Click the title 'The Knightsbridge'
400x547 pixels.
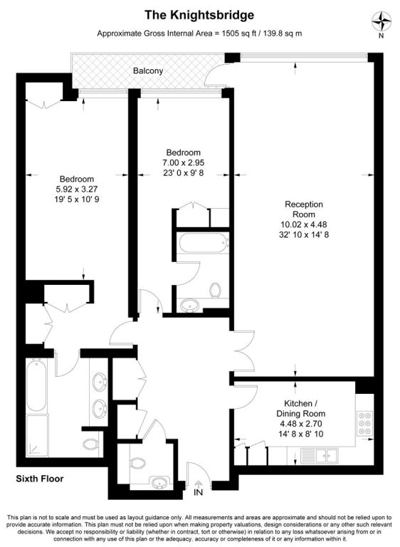pyautogui.click(x=199, y=15)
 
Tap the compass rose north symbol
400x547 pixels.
pyautogui.click(x=381, y=21)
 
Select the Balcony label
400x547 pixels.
pyautogui.click(x=148, y=71)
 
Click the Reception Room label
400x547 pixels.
pyautogui.click(x=304, y=209)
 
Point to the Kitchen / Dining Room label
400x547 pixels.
pyautogui.click(x=300, y=409)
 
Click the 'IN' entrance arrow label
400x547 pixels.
pyautogui.click(x=198, y=492)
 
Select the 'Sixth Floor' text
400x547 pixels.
pyautogui.click(x=40, y=479)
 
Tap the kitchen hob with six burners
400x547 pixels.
pyautogui.click(x=364, y=424)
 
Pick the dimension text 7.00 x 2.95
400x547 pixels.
pyautogui.click(x=184, y=162)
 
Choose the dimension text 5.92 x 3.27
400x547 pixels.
pyautogui.click(x=77, y=189)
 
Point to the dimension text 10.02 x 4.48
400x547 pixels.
pyautogui.click(x=304, y=224)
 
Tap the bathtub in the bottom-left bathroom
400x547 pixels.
pyautogui.click(x=36, y=385)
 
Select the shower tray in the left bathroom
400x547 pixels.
pyautogui.click(x=36, y=435)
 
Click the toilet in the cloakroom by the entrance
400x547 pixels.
pyautogui.click(x=139, y=463)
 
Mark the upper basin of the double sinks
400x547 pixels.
pyautogui.click(x=100, y=382)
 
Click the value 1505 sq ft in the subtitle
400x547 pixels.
pyautogui.click(x=238, y=33)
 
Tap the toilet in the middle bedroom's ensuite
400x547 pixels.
pyautogui.click(x=216, y=291)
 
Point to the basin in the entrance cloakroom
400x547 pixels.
pyautogui.click(x=160, y=483)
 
